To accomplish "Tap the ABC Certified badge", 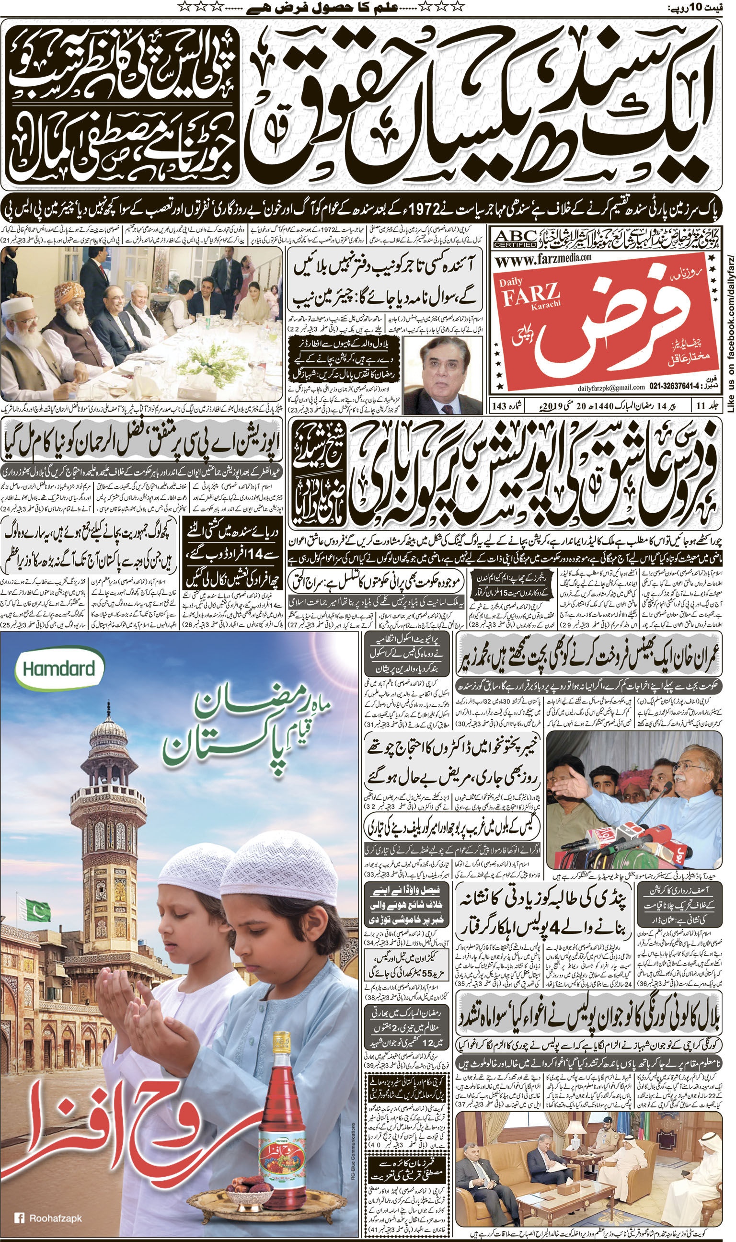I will click(515, 239).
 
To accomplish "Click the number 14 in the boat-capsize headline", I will click(259, 555).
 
